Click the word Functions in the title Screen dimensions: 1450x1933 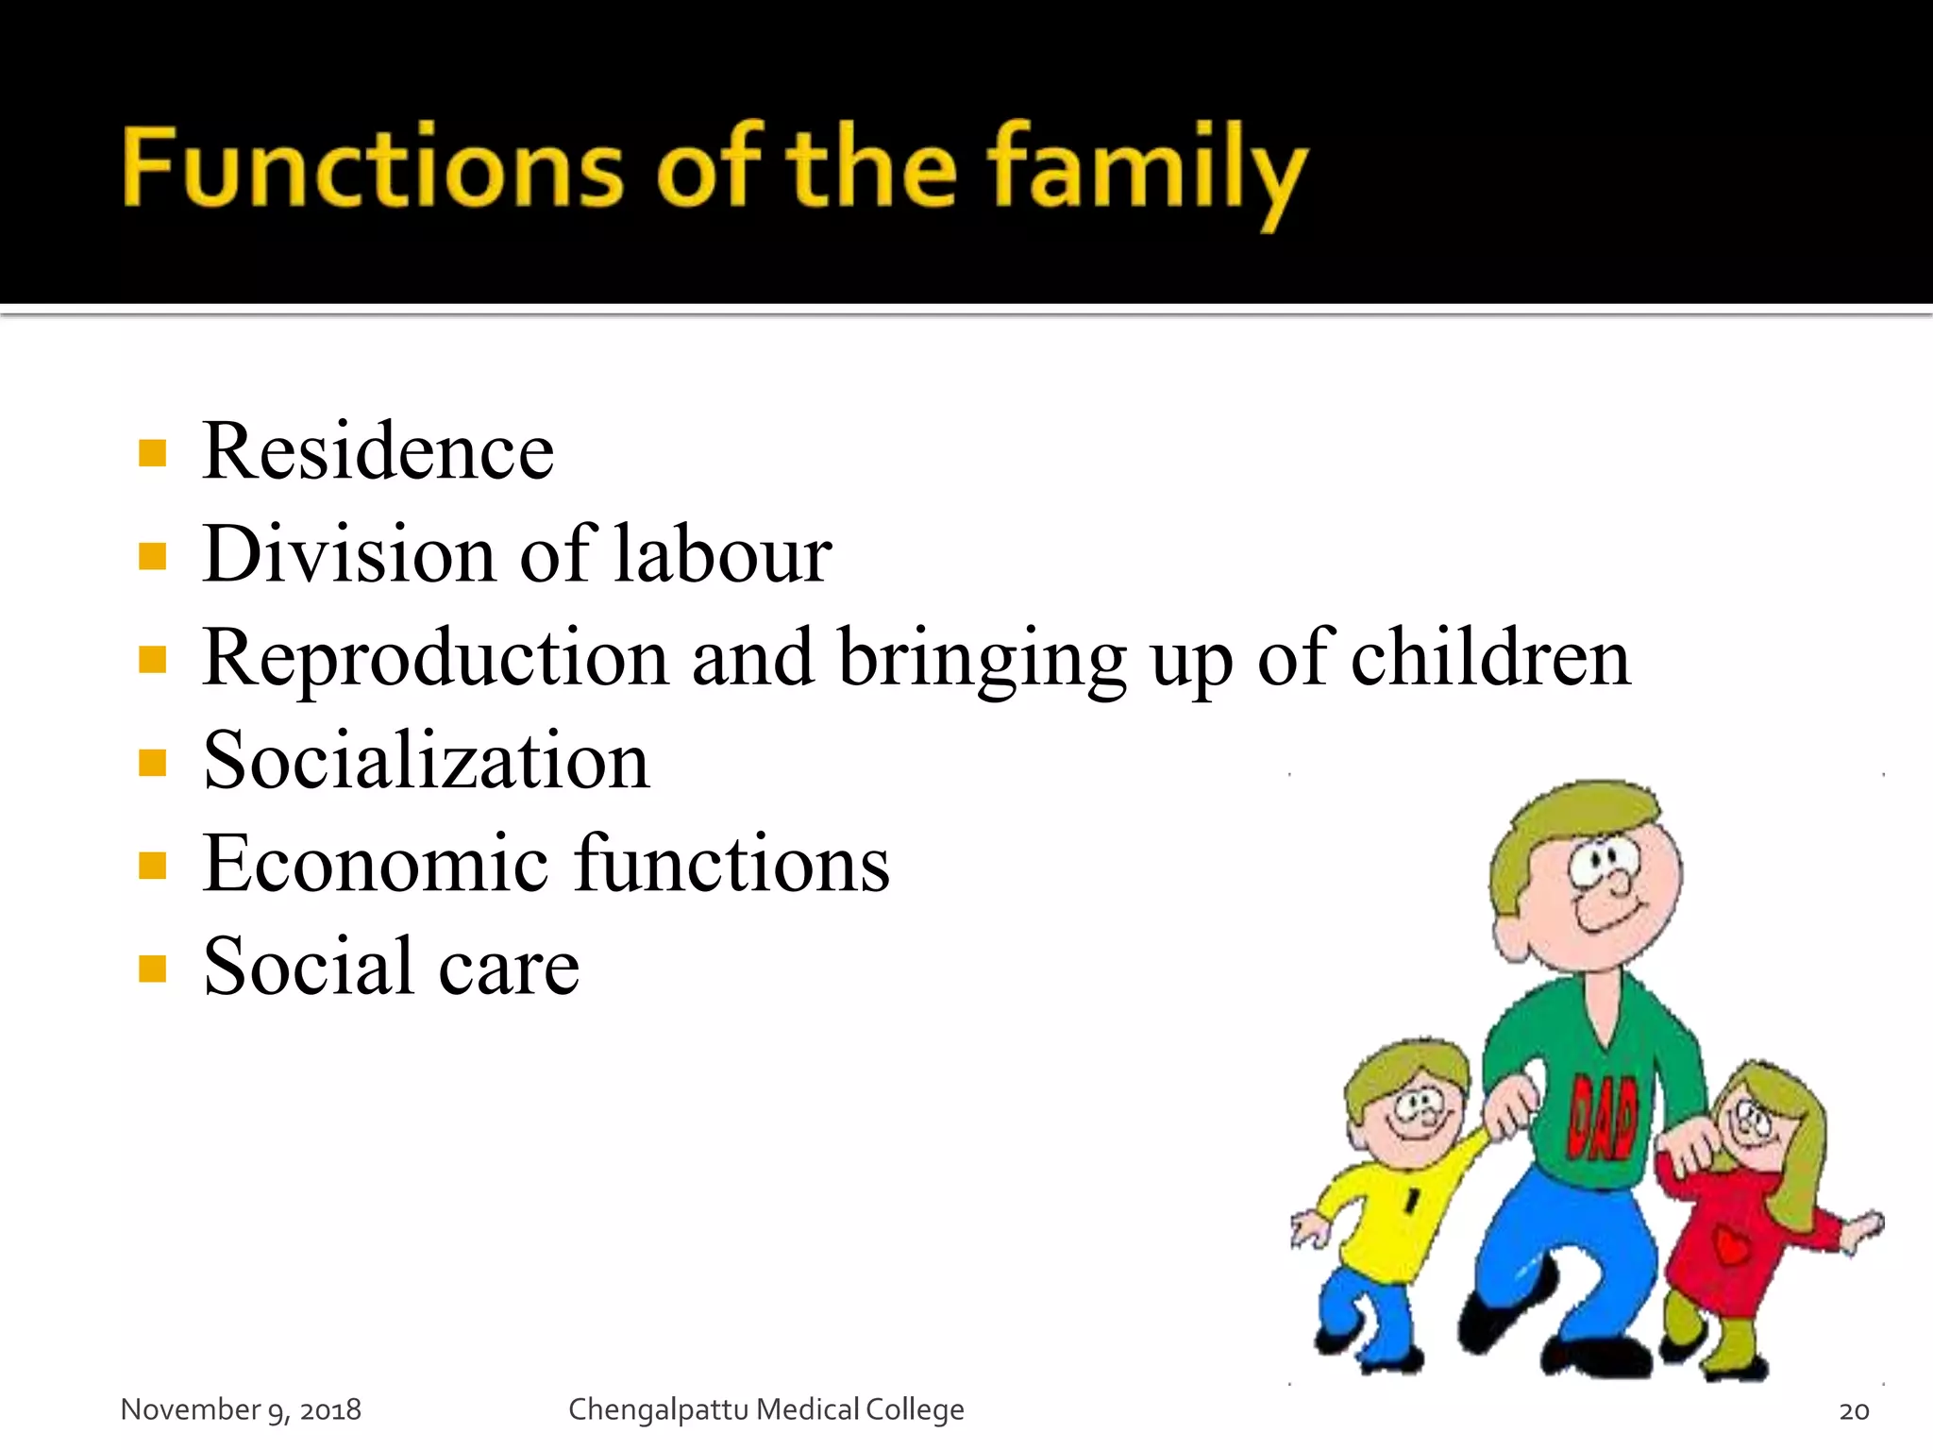(372, 168)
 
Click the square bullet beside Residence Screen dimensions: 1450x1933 (152, 454)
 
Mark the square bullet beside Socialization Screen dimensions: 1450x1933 (152, 763)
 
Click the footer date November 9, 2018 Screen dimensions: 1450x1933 (241, 1409)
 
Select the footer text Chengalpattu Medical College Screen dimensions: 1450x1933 (765, 1409)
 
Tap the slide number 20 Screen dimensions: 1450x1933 (1854, 1410)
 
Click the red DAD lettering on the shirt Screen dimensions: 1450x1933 (1602, 1119)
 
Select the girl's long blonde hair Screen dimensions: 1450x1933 (1798, 1161)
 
